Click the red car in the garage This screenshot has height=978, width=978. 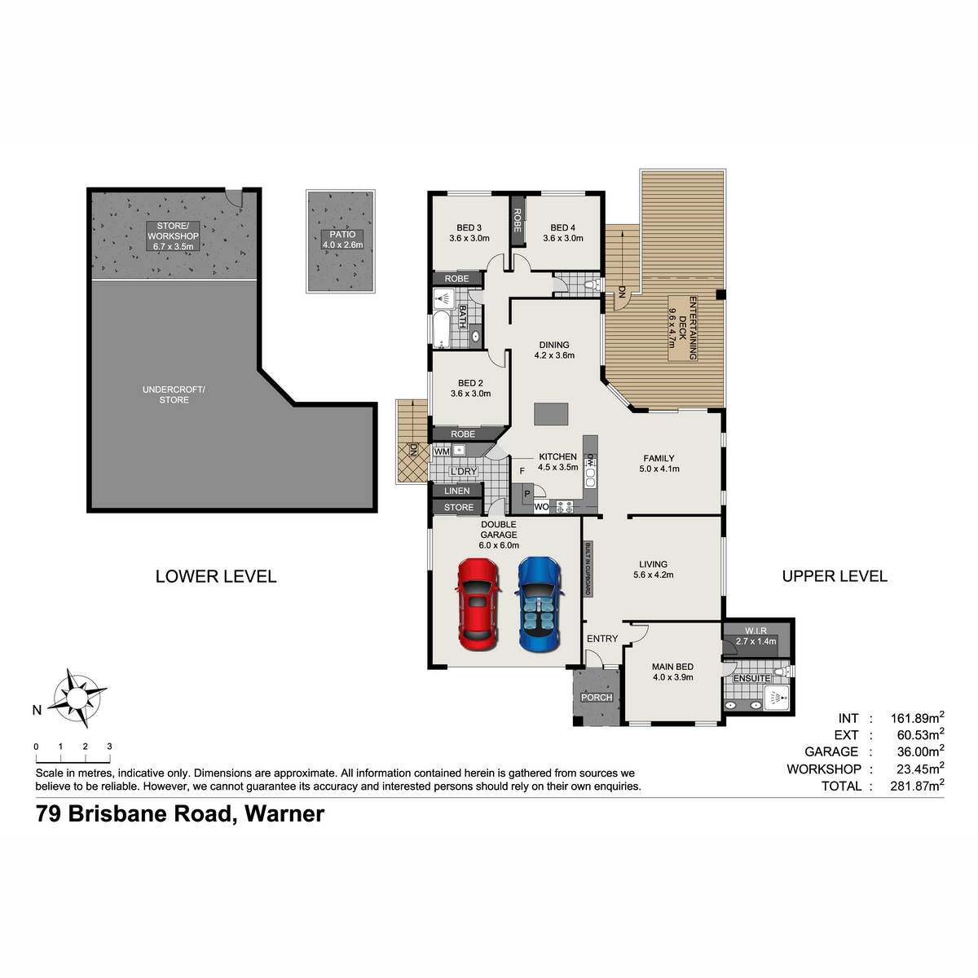[x=478, y=604]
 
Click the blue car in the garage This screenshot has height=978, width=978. [x=539, y=604]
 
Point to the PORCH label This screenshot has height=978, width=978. [x=597, y=698]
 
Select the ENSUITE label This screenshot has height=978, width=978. [x=751, y=678]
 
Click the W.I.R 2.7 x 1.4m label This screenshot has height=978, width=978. [x=756, y=636]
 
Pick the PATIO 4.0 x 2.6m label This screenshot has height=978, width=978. [x=342, y=240]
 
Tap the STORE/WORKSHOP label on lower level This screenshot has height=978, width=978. [x=173, y=236]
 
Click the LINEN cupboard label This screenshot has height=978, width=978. [x=456, y=491]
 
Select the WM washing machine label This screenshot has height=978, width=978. [x=442, y=452]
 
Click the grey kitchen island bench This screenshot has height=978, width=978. [x=551, y=414]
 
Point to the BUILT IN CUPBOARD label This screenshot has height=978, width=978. [x=588, y=568]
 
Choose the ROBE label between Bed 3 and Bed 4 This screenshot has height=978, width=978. [x=518, y=220]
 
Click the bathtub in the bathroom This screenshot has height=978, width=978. [x=441, y=329]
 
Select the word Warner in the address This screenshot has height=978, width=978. [x=284, y=813]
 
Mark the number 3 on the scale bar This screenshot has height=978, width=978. [x=110, y=747]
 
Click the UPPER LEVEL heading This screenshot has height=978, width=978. [x=835, y=576]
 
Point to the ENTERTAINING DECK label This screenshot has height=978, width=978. [x=682, y=328]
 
